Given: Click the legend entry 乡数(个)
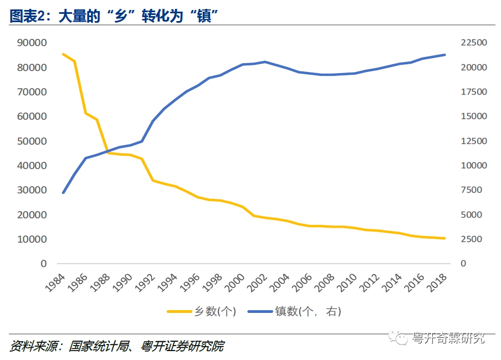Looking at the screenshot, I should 202,312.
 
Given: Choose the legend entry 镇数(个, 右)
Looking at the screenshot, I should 299,312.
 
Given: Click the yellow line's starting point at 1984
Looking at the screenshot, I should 63,54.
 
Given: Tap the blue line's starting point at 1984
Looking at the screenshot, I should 63,193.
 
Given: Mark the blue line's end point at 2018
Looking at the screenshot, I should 444,55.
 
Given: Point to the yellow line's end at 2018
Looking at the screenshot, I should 444,238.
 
